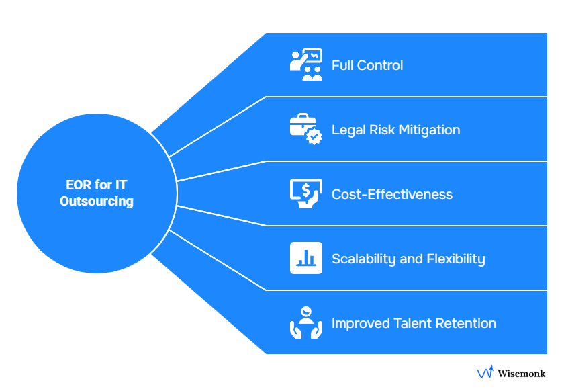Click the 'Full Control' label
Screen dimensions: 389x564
367,65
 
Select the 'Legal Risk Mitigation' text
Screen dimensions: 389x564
395,130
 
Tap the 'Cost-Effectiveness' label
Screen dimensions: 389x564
391,194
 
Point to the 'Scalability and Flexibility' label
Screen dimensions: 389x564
408,259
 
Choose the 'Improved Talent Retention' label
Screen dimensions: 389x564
414,323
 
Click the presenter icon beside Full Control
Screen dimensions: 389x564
305,64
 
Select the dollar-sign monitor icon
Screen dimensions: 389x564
305,193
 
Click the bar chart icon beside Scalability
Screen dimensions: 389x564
305,258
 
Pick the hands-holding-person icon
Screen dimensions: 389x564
305,322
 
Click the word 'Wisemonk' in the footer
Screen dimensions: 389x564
521,373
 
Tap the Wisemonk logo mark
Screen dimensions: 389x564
485,373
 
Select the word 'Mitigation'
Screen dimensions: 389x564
429,130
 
